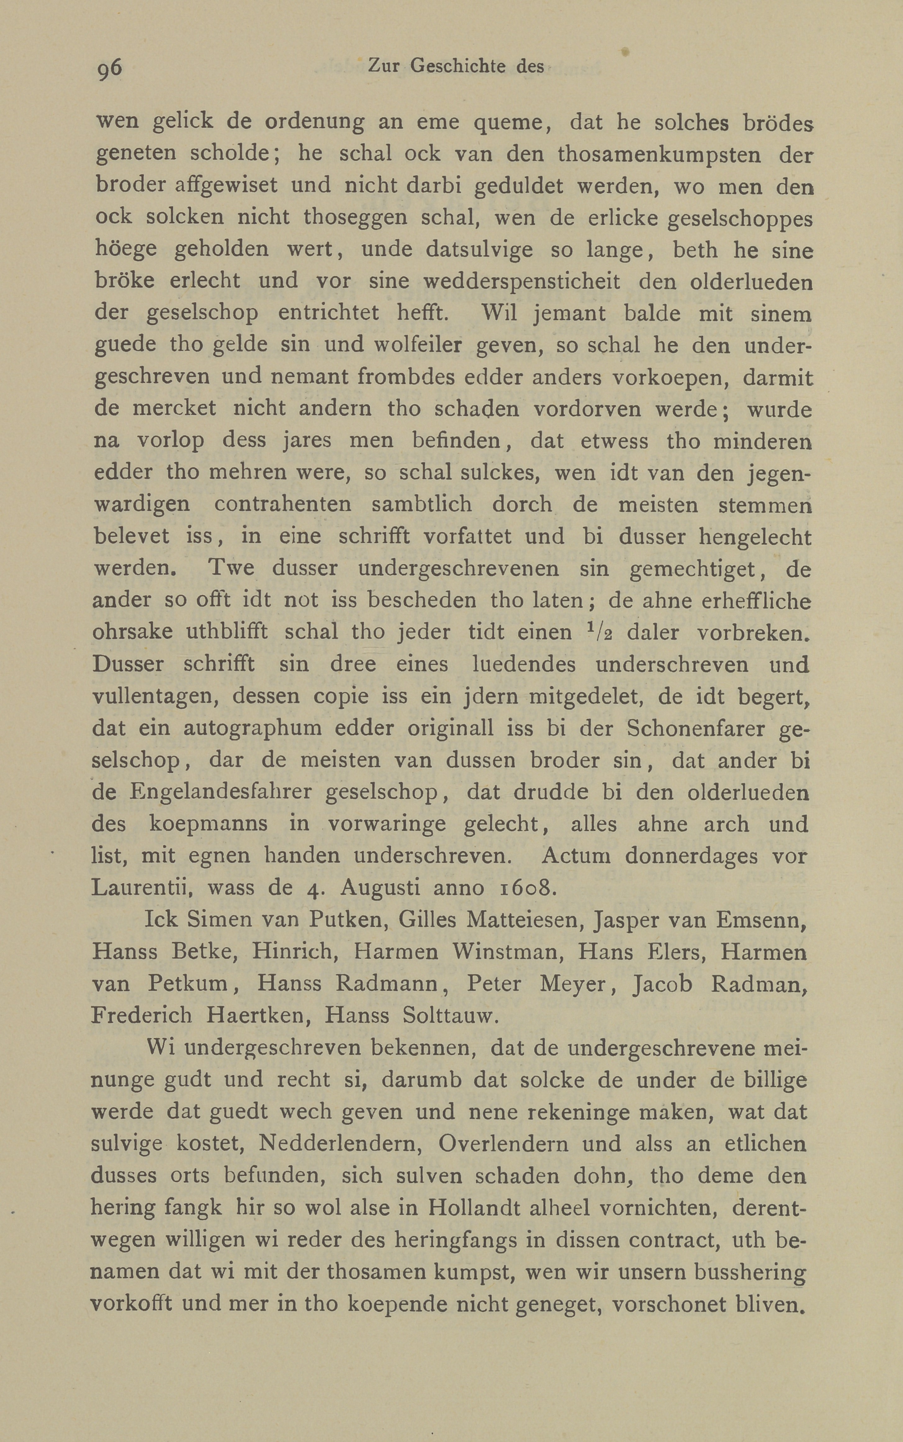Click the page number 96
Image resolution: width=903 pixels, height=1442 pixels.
(x=109, y=69)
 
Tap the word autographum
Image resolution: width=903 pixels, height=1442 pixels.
(x=253, y=729)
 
